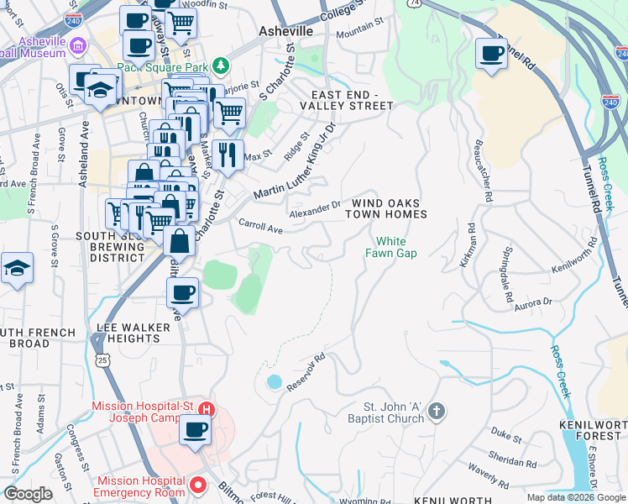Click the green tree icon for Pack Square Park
(221, 65)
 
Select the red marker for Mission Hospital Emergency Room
(199, 485)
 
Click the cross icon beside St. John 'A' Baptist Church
(435, 411)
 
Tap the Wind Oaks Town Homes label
(389, 208)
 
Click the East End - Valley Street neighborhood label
(352, 100)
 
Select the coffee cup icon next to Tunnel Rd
(492, 54)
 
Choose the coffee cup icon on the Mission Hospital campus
(196, 430)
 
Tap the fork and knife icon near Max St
(227, 154)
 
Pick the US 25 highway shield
(102, 360)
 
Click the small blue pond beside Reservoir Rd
(274, 382)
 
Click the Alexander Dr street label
(315, 209)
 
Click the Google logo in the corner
(28, 494)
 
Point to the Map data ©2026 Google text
(576, 497)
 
